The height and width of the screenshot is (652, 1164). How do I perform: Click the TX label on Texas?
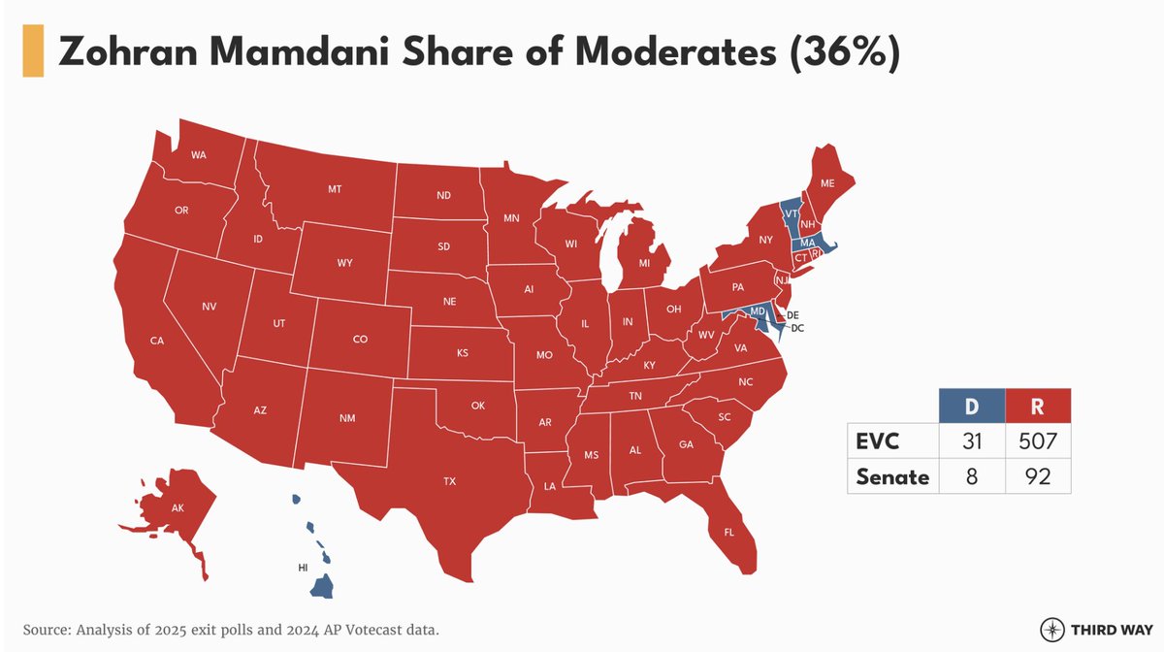pyautogui.click(x=449, y=481)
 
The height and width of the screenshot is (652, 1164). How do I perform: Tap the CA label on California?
pyautogui.click(x=156, y=341)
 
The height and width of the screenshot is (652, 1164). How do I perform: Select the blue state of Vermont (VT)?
pyautogui.click(x=792, y=214)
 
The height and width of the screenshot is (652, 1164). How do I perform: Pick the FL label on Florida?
pyautogui.click(x=728, y=532)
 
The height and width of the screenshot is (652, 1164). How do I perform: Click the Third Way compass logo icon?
pyautogui.click(x=1051, y=628)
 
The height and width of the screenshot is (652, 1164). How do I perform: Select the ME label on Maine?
pyautogui.click(x=827, y=183)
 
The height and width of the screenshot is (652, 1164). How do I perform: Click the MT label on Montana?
pyautogui.click(x=335, y=190)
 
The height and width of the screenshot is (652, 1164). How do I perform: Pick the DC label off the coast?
pyautogui.click(x=796, y=329)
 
